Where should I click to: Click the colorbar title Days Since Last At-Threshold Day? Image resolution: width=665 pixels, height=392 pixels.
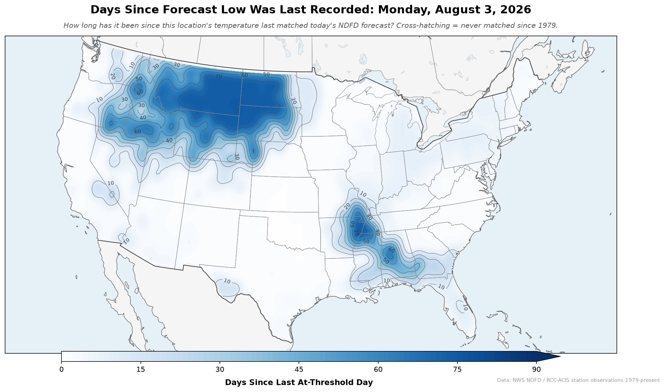click(299, 383)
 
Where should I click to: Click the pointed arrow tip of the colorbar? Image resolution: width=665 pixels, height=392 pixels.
click(560, 356)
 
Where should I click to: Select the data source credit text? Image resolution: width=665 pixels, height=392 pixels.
click(578, 380)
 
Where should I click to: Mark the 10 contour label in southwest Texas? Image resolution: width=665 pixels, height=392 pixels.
click(227, 281)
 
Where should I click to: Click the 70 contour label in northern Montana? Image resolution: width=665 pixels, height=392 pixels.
click(219, 77)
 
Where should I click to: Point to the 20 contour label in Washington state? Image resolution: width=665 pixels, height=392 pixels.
click(113, 76)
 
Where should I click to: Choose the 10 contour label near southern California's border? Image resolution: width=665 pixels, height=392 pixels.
click(126, 241)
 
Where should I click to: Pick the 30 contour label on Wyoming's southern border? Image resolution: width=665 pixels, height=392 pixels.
click(237, 157)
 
